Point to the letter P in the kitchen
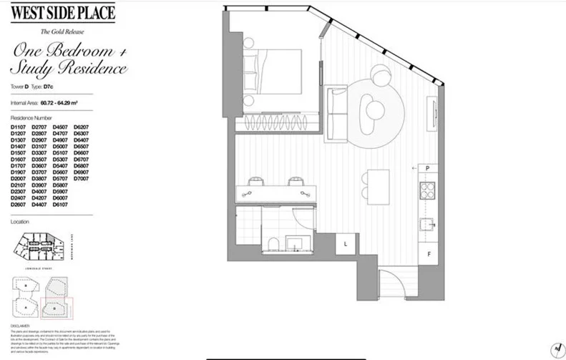pos(427,169)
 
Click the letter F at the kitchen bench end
pos(428,254)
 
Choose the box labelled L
pos(346,244)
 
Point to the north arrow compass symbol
pos(555,348)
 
